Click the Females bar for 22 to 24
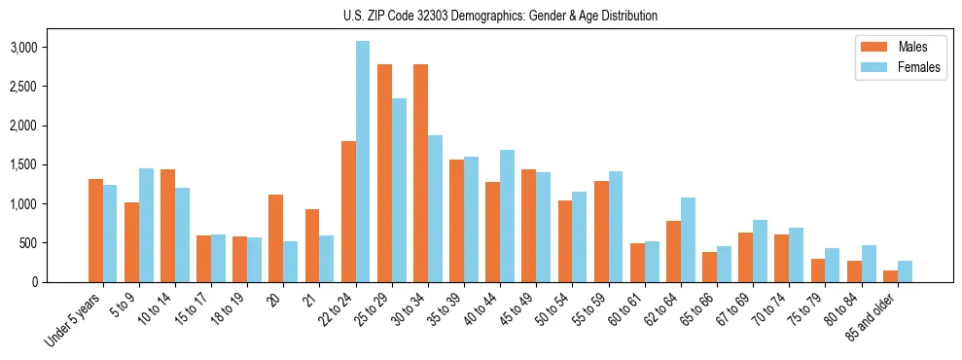click(362, 162)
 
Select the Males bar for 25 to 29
click(384, 173)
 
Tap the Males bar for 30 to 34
click(420, 173)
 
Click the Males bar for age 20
click(276, 238)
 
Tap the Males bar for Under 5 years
click(95, 231)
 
